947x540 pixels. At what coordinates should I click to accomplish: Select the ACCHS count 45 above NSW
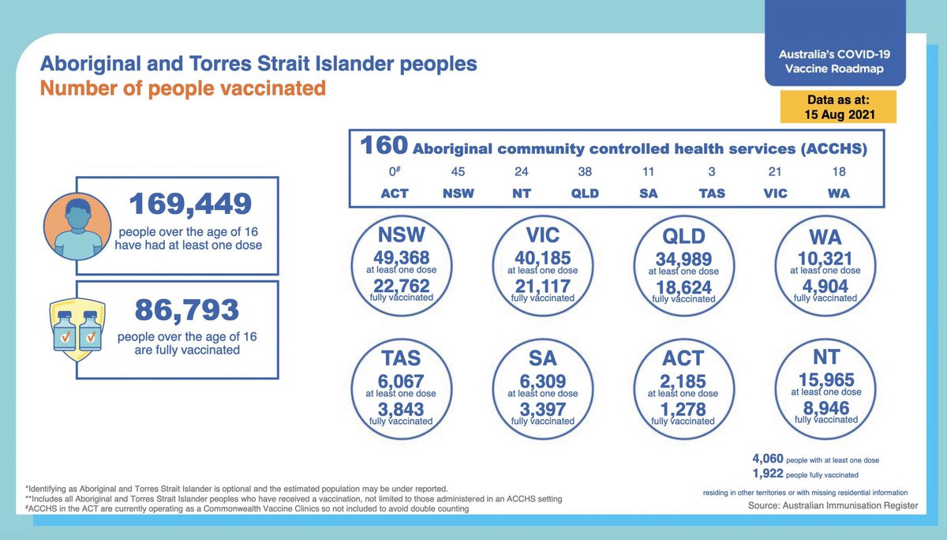[458, 171]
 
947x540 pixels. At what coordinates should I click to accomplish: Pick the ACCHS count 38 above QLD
[584, 171]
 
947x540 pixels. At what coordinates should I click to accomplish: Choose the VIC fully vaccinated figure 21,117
[542, 287]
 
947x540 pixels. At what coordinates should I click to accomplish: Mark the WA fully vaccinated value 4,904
[825, 287]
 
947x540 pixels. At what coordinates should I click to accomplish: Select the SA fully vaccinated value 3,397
[542, 410]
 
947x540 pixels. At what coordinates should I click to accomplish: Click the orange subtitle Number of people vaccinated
[182, 88]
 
